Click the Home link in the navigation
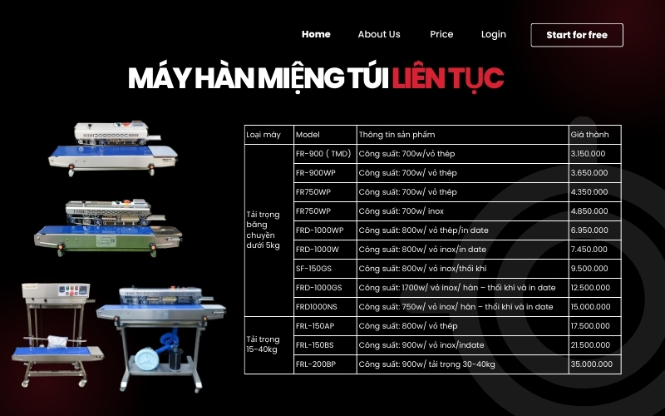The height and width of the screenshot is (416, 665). (316, 34)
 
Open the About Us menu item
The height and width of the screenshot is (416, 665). (379, 34)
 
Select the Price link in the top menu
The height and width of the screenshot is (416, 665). (441, 34)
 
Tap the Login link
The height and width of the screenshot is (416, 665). (493, 34)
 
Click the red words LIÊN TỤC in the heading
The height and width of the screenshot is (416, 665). (448, 77)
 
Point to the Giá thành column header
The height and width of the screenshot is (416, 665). (589, 134)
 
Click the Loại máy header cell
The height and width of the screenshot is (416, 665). (264, 134)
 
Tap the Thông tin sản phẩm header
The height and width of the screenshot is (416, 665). (397, 134)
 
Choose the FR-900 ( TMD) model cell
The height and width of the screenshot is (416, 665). (323, 154)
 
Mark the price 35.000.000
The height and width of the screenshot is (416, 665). (591, 364)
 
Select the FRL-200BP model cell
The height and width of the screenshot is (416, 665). (316, 364)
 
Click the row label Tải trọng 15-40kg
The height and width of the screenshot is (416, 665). (264, 344)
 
